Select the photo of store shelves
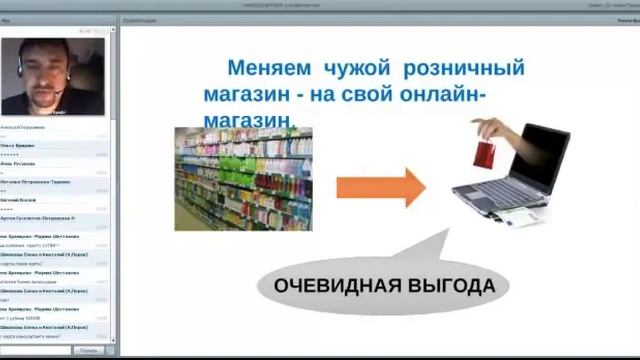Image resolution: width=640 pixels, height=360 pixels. (243, 178)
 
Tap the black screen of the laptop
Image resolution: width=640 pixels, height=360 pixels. (539, 156)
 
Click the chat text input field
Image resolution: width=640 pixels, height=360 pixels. (36, 350)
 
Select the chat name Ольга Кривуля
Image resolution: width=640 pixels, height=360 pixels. (19, 146)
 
